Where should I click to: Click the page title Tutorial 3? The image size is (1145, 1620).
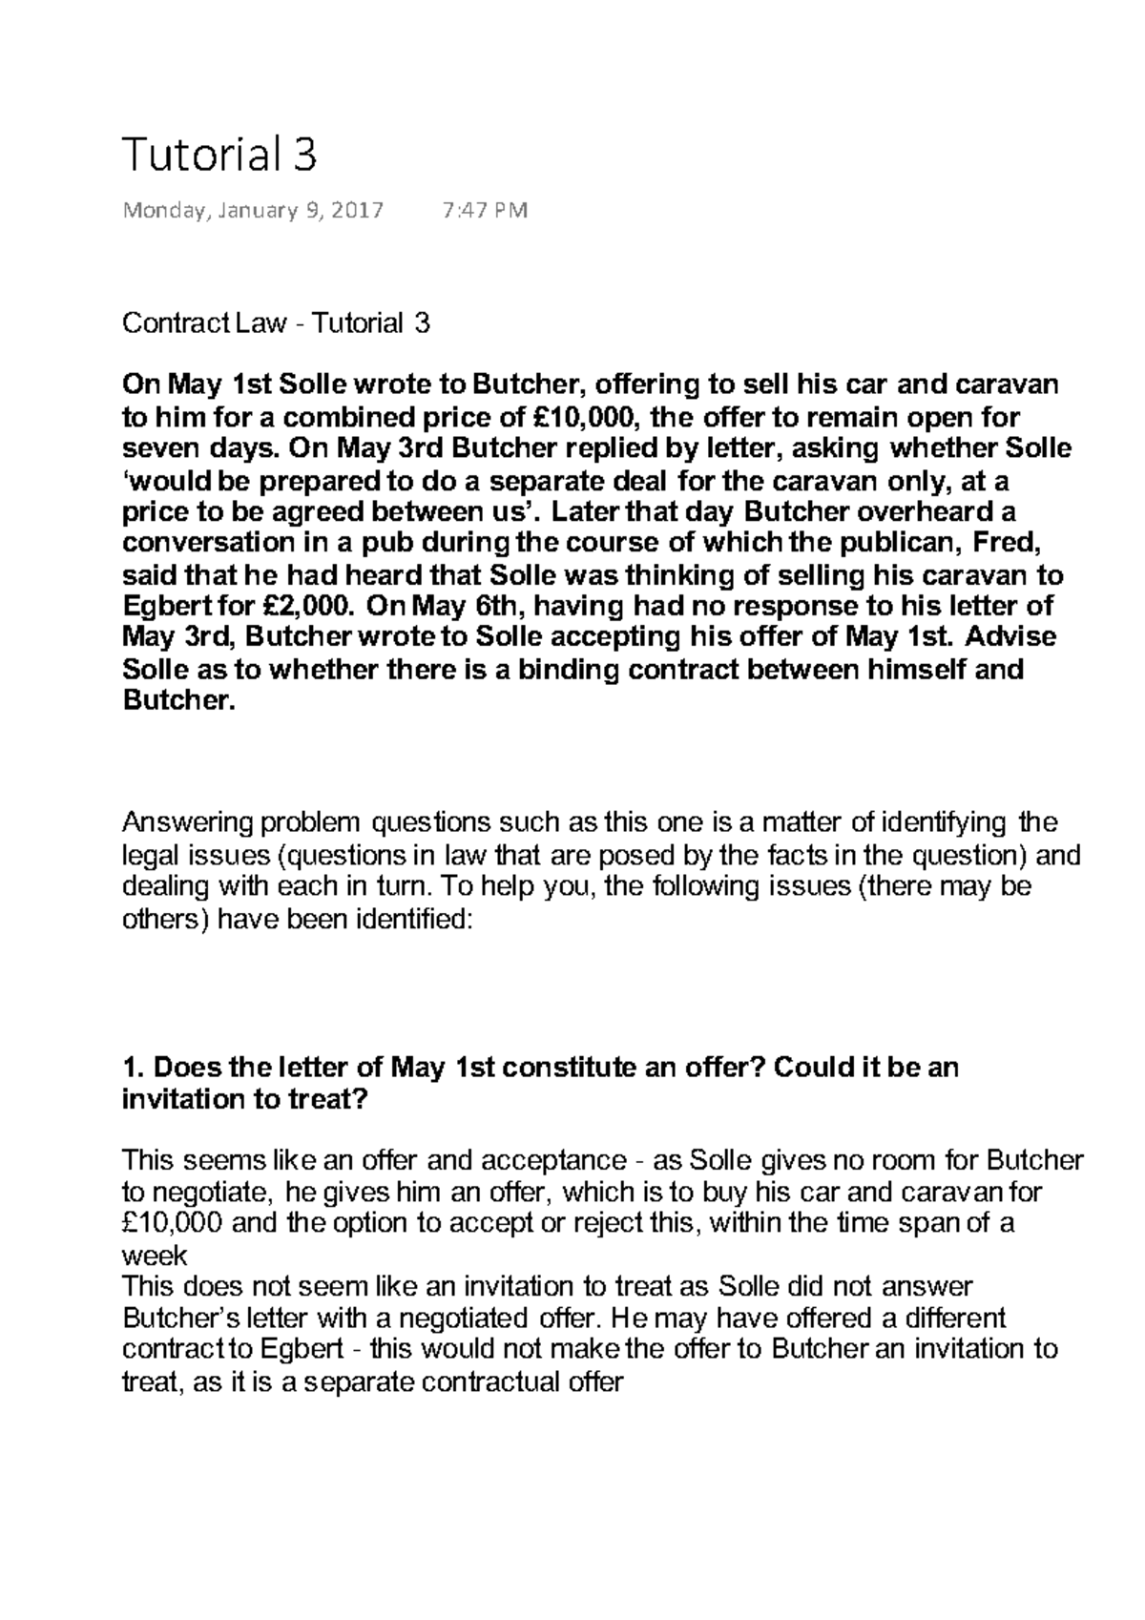point(219,155)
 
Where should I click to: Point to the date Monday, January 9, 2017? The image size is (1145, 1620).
point(253,211)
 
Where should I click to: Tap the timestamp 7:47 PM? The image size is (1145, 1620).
point(486,211)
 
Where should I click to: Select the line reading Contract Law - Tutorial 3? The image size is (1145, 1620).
point(276,323)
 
